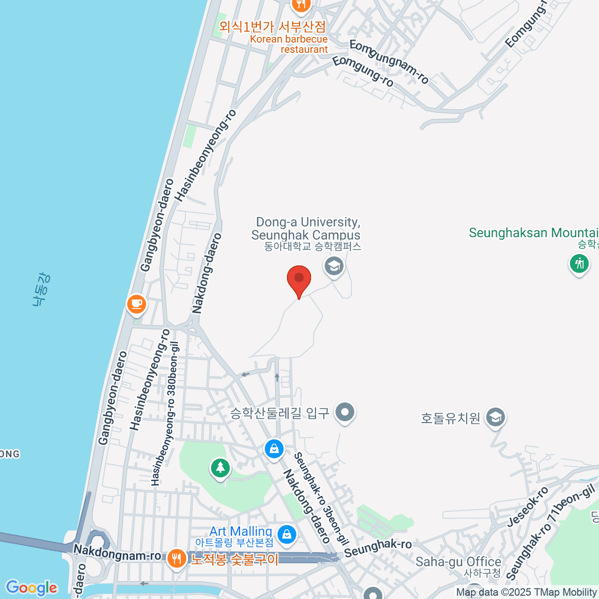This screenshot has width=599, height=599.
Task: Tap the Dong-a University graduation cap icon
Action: click(x=334, y=266)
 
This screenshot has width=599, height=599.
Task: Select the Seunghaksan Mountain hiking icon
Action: click(x=579, y=263)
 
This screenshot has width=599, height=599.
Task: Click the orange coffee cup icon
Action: click(x=136, y=303)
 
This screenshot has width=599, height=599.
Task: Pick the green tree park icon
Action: click(x=220, y=468)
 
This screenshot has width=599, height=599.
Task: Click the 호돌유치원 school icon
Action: click(x=496, y=417)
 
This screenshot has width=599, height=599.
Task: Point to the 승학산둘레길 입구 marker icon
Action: click(x=345, y=413)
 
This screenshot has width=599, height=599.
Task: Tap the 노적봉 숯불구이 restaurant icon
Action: click(x=176, y=559)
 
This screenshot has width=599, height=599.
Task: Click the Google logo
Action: click(x=31, y=588)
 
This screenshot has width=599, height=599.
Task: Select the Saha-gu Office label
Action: click(x=458, y=562)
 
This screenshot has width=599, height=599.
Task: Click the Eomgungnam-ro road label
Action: click(x=389, y=62)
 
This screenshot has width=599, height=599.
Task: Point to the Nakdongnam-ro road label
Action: click(x=117, y=553)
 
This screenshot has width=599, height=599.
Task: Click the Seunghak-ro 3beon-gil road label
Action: click(x=321, y=499)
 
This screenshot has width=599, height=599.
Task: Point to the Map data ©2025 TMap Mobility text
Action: click(x=527, y=593)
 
